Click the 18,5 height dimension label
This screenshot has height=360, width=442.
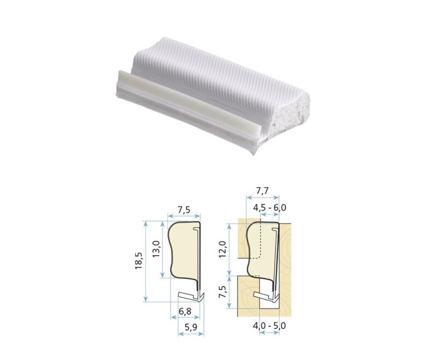point(139,261)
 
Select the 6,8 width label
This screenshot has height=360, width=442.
point(185,312)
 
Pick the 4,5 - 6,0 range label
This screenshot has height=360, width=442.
point(270,207)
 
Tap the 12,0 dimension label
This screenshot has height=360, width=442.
point(222,250)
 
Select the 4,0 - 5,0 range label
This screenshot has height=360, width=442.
point(269,326)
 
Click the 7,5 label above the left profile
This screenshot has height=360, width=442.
point(184,209)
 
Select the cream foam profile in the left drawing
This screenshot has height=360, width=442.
point(183,250)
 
